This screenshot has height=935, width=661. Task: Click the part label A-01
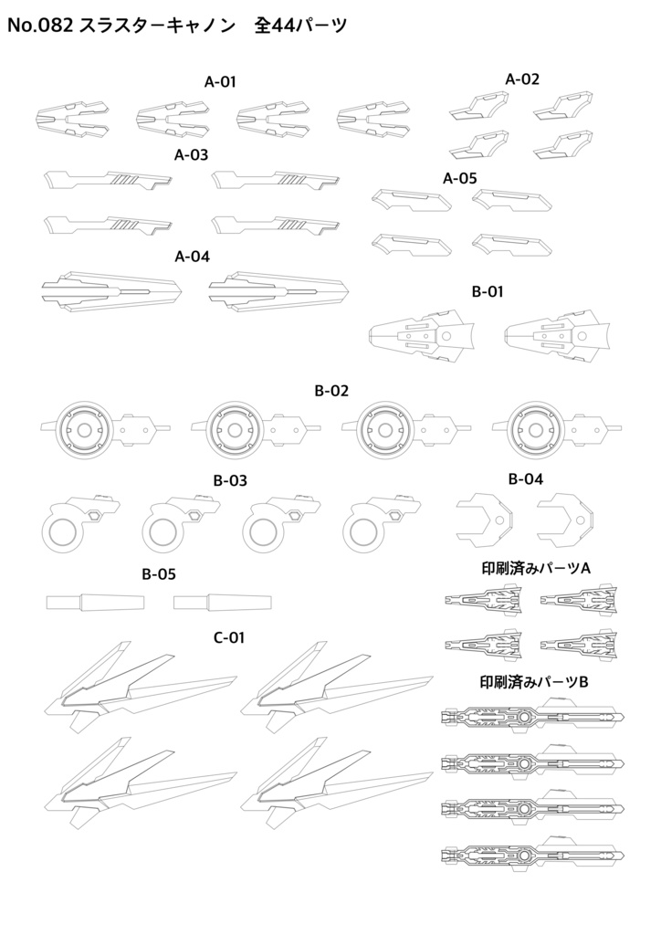(x=220, y=81)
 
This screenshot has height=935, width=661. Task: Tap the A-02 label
(x=522, y=79)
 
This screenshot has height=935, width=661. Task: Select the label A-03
(x=192, y=155)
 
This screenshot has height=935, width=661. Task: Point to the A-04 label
(x=192, y=257)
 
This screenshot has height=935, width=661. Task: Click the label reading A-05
(x=460, y=178)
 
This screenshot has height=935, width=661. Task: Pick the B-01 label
(x=488, y=292)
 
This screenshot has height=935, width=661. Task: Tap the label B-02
(x=332, y=391)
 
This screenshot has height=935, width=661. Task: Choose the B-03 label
(x=230, y=479)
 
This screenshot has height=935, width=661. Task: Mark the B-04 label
(x=526, y=478)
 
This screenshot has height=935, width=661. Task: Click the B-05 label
(x=159, y=574)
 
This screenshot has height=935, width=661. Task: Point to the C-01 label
(x=229, y=637)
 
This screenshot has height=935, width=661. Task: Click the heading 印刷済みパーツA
(x=536, y=568)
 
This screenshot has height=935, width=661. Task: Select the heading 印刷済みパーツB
(x=536, y=682)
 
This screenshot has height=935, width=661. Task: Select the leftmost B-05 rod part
(x=95, y=602)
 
